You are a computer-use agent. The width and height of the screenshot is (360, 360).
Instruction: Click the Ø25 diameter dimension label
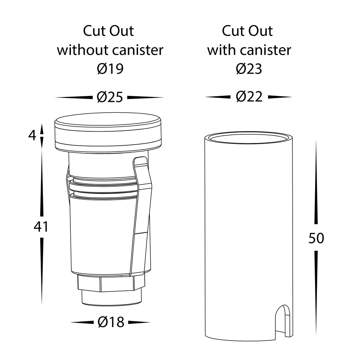click(110, 97)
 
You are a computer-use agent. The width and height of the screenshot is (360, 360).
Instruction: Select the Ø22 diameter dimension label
click(249, 97)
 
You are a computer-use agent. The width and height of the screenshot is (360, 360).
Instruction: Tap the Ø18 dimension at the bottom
click(111, 322)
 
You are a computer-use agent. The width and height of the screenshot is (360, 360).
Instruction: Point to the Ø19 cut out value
click(110, 69)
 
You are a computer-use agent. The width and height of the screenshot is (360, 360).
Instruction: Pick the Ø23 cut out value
click(249, 69)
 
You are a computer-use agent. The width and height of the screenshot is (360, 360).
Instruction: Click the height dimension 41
click(41, 227)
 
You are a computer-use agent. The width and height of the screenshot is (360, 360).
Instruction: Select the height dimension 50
click(316, 238)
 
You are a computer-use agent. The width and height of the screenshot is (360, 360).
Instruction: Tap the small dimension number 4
click(32, 135)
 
